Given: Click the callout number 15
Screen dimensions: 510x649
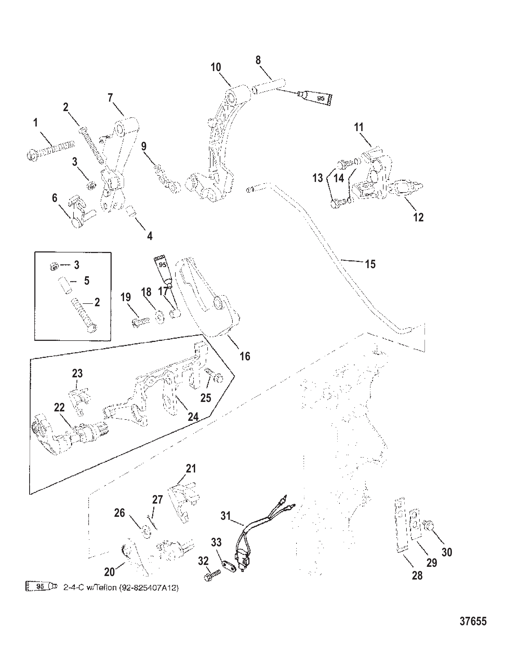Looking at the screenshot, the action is coord(370,264).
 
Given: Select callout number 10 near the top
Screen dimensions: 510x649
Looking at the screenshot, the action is coord(216,67).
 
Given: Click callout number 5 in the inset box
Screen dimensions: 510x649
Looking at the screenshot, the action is coord(86,281).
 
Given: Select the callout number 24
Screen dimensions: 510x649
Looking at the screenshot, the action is coord(193,417).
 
